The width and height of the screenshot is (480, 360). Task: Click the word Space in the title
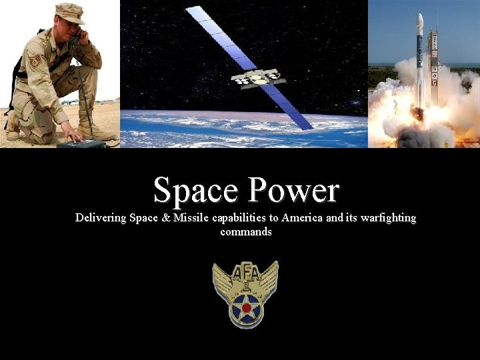[197, 191]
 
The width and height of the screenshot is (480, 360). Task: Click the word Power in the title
[293, 191]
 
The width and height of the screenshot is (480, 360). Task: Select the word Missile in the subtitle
[190, 218]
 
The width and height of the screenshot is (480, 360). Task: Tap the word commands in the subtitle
[245, 232]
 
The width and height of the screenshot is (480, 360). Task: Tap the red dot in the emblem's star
[246, 308]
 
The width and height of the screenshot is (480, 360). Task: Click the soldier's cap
[69, 13]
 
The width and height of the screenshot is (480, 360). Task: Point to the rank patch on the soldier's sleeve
[35, 61]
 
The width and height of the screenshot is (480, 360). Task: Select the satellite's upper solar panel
[213, 33]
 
